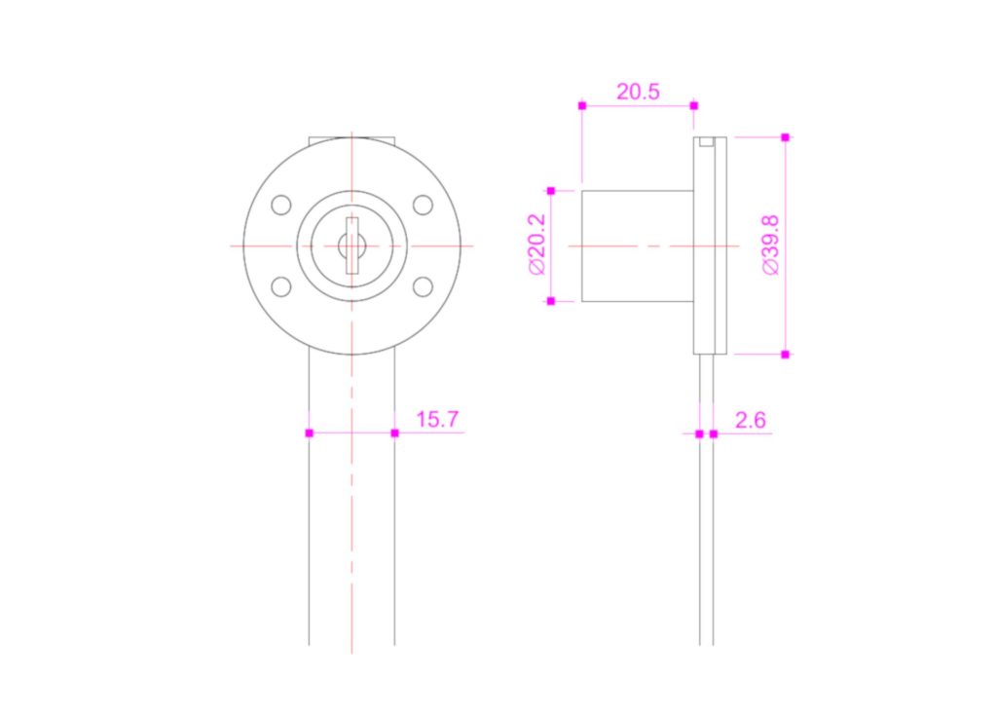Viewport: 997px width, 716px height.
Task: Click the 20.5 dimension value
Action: (638, 92)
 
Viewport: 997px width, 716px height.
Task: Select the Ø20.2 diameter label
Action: (537, 245)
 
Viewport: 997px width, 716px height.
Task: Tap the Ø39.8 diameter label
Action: (771, 245)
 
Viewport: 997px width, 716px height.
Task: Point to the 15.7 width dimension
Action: (437, 420)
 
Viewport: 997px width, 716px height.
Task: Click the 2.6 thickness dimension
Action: (751, 420)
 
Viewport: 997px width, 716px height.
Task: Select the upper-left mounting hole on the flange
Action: (281, 205)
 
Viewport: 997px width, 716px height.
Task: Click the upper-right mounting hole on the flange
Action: (423, 205)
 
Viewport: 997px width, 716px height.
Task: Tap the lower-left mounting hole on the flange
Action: (281, 286)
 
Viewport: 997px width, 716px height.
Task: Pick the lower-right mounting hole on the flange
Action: (423, 286)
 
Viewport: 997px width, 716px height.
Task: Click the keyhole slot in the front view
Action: (351, 245)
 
